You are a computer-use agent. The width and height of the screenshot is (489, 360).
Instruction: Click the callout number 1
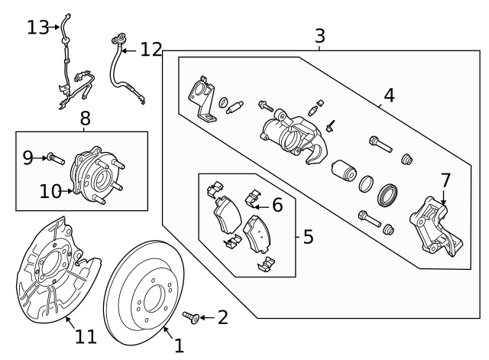pyautogui.click(x=179, y=345)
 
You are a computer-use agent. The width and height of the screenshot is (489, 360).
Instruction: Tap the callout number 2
pyautogui.click(x=222, y=317)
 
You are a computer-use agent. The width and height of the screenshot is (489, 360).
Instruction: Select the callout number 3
pyautogui.click(x=319, y=35)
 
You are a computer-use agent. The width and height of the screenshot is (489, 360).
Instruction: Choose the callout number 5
pyautogui.click(x=307, y=237)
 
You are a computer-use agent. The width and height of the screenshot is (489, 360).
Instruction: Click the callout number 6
pyautogui.click(x=277, y=204)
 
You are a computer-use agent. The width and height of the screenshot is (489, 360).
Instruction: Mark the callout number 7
pyautogui.click(x=445, y=180)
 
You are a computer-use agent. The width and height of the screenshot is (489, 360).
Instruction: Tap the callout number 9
pyautogui.click(x=28, y=157)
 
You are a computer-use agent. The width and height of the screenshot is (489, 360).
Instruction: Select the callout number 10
pyautogui.click(x=50, y=191)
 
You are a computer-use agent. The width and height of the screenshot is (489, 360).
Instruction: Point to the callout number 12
pyautogui.click(x=151, y=50)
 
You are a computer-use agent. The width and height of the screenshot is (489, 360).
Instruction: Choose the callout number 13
pyautogui.click(x=37, y=28)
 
